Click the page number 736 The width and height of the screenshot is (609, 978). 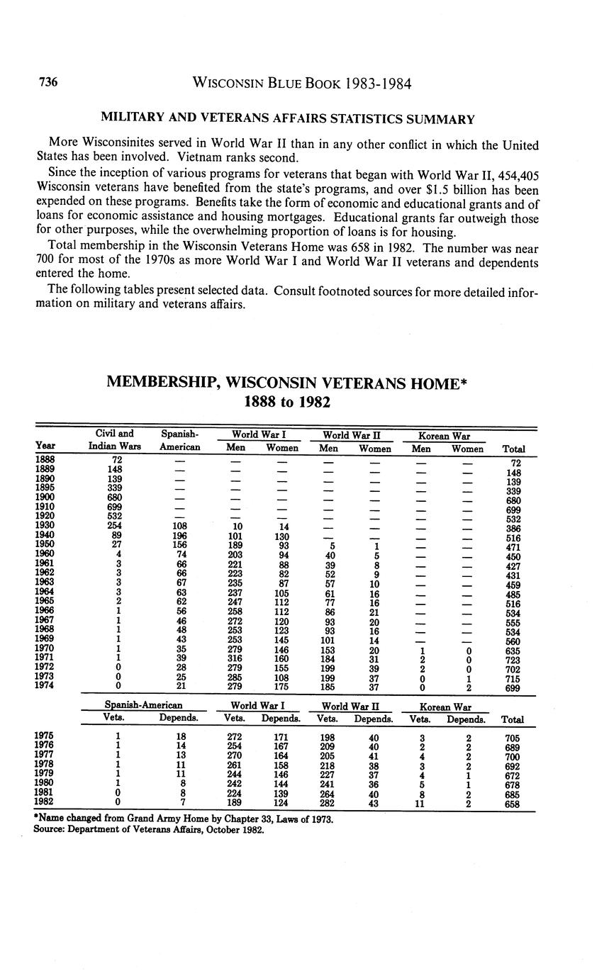(48, 83)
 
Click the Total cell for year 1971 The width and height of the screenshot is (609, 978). (513, 660)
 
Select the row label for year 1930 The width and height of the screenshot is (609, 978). (44, 525)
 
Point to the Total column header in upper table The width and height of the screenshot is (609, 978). (513, 449)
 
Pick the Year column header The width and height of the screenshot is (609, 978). (45, 446)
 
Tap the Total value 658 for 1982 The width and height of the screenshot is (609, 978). (512, 804)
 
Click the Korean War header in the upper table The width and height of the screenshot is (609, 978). (445, 436)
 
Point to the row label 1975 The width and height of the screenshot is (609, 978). (44, 736)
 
